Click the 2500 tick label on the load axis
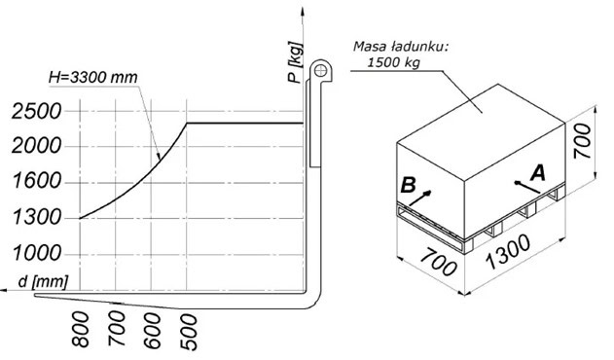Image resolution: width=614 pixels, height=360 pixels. (36, 111)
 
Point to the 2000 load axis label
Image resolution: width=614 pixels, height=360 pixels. (36, 147)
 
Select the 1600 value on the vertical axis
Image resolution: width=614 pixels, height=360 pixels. (37, 181)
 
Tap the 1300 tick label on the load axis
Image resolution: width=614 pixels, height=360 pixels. (37, 217)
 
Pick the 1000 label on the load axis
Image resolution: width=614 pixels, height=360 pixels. (37, 253)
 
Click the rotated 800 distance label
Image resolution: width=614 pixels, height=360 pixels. (81, 330)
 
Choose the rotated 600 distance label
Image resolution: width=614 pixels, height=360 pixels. (153, 331)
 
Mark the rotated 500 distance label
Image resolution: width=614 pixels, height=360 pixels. (189, 332)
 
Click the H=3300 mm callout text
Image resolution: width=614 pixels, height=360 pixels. (93, 77)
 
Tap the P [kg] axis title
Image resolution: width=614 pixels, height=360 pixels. (295, 62)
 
